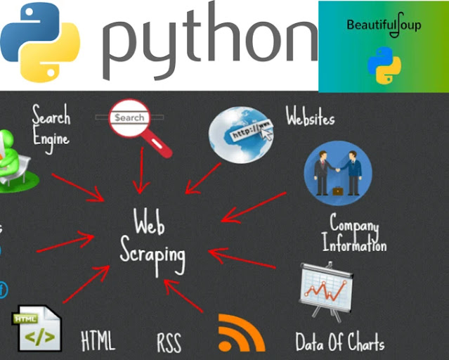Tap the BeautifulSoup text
[384, 25]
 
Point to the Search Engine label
[51, 126]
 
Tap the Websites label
[310, 117]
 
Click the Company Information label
[354, 234]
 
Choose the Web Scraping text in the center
[152, 240]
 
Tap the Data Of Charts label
[340, 342]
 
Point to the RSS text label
[169, 343]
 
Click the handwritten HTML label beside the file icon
[98, 341]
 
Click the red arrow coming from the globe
[204, 178]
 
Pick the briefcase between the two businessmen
[337, 191]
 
